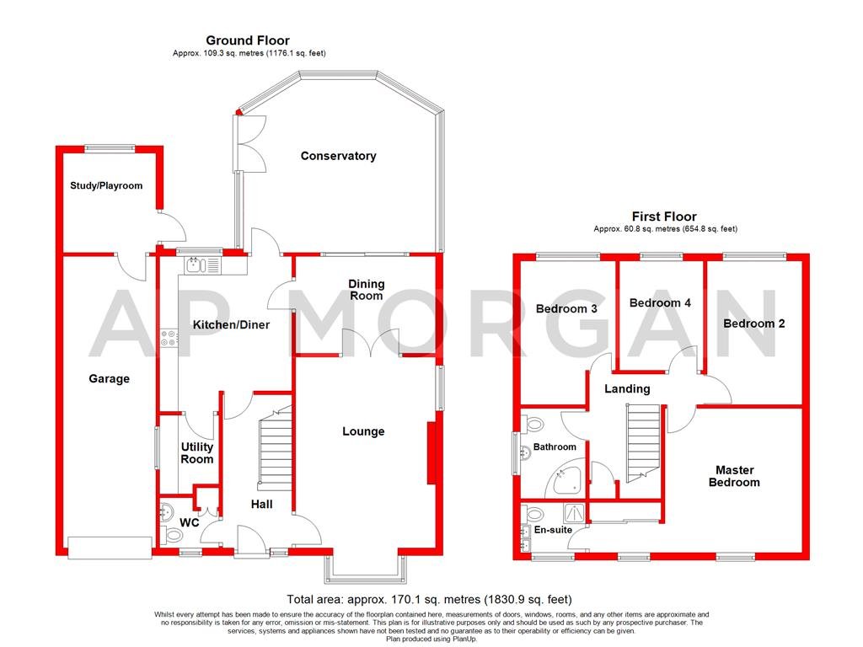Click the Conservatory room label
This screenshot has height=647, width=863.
click(x=338, y=156)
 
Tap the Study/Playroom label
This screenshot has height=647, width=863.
click(x=106, y=185)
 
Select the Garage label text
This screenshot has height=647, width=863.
click(x=110, y=379)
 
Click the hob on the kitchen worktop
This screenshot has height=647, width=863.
click(x=169, y=338)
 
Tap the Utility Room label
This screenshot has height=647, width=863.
click(x=196, y=453)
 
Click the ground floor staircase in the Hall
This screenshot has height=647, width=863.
click(x=273, y=451)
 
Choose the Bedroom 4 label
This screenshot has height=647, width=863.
click(x=660, y=302)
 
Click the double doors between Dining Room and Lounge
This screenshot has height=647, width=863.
click(x=372, y=344)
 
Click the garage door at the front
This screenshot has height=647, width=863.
click(x=105, y=547)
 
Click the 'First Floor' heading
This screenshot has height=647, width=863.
click(x=664, y=217)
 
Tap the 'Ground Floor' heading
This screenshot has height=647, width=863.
click(x=249, y=40)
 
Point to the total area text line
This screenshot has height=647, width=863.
click(x=430, y=600)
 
